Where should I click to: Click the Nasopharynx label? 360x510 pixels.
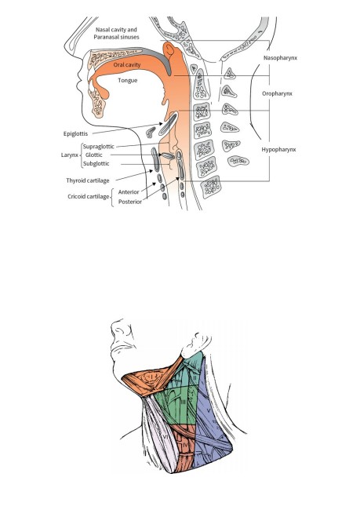point(280,58)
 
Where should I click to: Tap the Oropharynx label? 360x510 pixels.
point(277,93)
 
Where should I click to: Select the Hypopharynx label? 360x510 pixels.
point(278,150)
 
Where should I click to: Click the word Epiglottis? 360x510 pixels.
point(75,133)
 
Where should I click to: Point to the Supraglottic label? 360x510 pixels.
point(99,147)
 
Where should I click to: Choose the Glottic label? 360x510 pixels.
point(93,155)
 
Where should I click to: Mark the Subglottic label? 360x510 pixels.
point(96,164)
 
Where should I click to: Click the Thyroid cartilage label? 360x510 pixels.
point(88,180)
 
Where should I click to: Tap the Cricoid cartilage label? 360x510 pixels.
point(89,196)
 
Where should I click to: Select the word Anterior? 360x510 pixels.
point(129,192)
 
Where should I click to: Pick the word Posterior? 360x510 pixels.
point(130,202)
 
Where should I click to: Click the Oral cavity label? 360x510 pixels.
point(127,65)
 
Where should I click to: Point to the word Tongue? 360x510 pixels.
point(128,80)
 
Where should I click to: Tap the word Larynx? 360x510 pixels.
point(70,155)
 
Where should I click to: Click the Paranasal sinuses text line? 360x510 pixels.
point(116,37)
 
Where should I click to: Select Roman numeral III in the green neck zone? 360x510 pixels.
point(184,403)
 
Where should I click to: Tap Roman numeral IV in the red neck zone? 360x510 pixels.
point(186,444)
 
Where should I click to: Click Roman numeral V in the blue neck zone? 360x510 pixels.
point(209,411)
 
